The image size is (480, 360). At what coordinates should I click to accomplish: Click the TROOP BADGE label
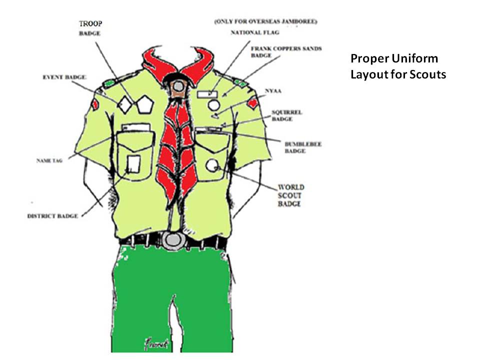[x=90, y=28]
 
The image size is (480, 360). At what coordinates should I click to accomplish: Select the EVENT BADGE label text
[x=64, y=77]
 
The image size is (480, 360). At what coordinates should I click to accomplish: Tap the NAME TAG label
[x=49, y=161]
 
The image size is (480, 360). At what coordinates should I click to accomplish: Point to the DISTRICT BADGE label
[x=53, y=216]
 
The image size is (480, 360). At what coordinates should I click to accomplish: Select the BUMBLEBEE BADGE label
[x=303, y=147]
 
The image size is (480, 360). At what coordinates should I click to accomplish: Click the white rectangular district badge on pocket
[x=133, y=163]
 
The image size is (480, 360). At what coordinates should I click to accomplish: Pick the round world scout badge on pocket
[x=212, y=164]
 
